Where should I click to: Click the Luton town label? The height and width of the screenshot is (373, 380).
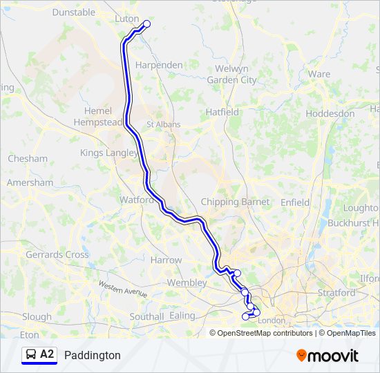126,19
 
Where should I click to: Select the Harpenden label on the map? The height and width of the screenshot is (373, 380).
159,65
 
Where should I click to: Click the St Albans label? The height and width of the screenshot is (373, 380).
163,125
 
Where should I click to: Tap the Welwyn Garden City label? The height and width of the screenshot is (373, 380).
231,75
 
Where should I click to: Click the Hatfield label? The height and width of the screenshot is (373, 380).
222,112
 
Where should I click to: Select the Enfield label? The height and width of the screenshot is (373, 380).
295,202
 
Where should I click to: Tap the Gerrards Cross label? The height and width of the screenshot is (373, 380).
57,255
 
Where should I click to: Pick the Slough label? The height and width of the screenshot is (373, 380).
37,317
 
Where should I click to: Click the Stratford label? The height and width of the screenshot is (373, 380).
336,293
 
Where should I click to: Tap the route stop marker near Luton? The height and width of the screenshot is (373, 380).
146,24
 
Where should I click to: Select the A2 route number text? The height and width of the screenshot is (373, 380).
47,354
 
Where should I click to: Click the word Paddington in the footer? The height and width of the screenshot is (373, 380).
92,356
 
